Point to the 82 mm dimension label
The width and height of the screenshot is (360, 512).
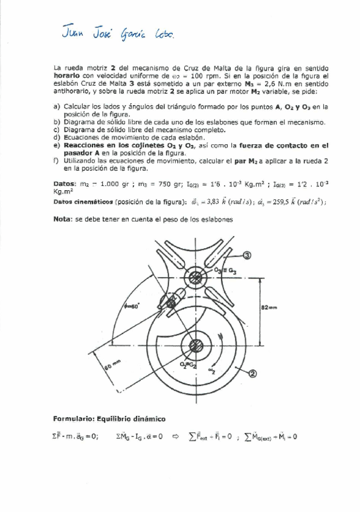[269, 307]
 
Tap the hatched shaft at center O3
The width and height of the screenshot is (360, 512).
[195, 278]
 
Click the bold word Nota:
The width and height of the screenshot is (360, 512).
[63, 219]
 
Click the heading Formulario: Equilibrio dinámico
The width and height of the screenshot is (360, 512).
[109, 418]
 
